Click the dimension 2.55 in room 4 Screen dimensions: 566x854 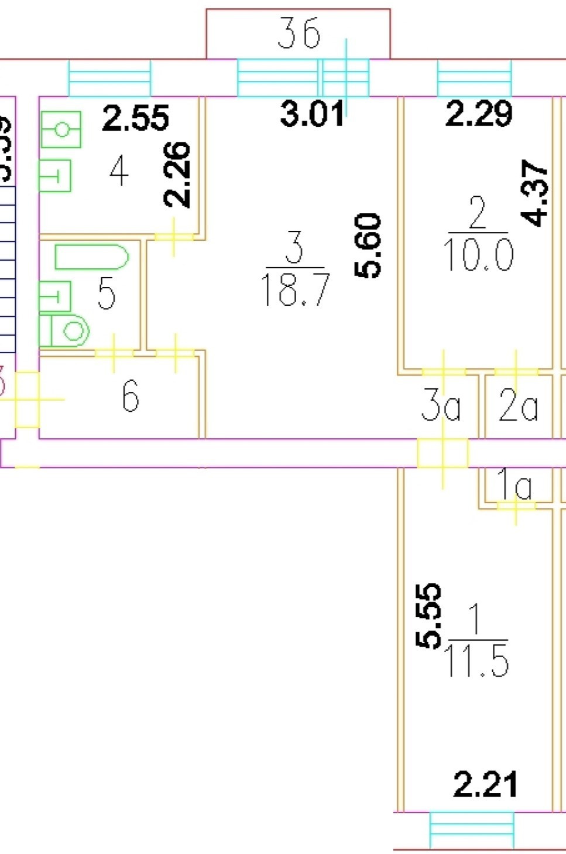[x=135, y=118]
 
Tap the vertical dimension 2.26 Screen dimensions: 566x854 [x=177, y=174]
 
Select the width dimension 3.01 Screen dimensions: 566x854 [x=311, y=114]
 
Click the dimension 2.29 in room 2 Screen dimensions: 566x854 [x=479, y=114]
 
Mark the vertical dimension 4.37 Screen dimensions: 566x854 [x=536, y=193]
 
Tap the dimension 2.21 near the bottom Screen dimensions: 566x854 [x=485, y=785]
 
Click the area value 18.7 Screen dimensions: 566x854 [x=295, y=290]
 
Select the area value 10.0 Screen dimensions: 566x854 [x=478, y=255]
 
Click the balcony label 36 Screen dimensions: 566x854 [x=299, y=33]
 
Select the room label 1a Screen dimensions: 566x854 [x=514, y=485]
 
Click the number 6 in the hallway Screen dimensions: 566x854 [x=130, y=396]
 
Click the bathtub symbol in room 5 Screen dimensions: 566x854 [x=91, y=257]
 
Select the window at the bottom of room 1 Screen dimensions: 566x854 [x=472, y=829]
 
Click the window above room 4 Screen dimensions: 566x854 [x=109, y=78]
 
